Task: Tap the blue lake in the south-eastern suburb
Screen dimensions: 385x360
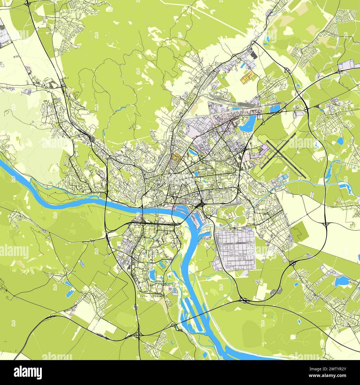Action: [340, 281]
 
